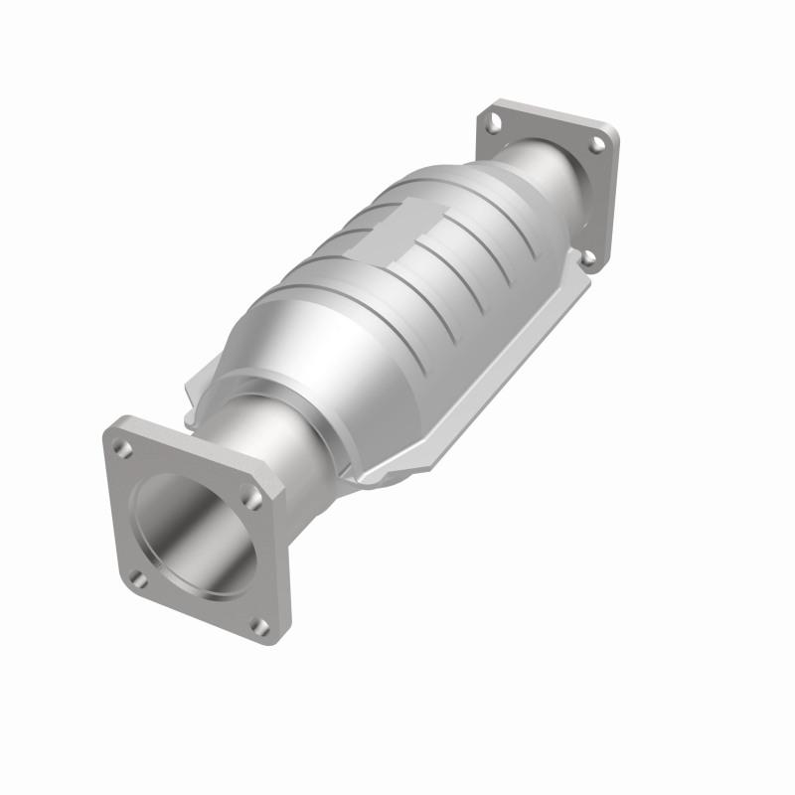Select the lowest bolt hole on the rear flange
tap(588, 256)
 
